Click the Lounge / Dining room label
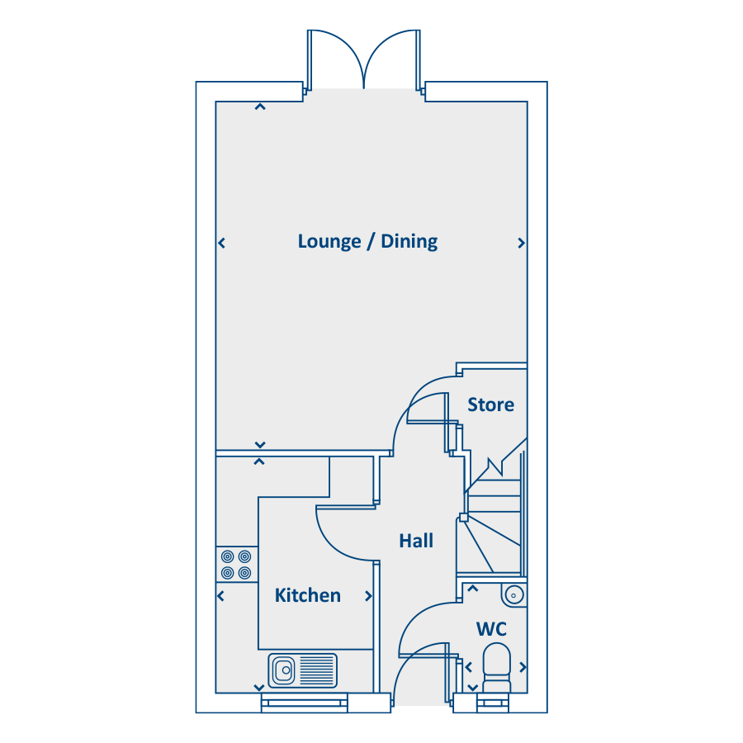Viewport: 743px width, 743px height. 367,242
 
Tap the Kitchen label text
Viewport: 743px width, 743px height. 308,595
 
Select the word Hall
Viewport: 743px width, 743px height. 416,541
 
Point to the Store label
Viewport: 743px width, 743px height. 490,405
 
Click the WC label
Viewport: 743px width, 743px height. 491,629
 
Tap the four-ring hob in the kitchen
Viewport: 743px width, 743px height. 236,565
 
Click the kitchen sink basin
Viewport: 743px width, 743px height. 283,670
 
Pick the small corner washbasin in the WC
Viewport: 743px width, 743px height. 513,594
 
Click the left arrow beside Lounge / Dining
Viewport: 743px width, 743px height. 221,243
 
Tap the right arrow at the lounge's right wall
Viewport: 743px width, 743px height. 521,243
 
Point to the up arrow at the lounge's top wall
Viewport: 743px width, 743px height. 260,107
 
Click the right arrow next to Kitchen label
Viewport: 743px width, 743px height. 368,596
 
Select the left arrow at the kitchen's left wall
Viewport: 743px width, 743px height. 220,596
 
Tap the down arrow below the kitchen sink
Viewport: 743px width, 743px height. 259,688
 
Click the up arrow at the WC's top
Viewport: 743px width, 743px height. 472,589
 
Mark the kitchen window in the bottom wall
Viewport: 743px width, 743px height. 304,703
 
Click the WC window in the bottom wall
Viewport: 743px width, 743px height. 493,703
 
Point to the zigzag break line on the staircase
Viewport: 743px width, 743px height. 495,466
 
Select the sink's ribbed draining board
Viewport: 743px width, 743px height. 317,670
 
